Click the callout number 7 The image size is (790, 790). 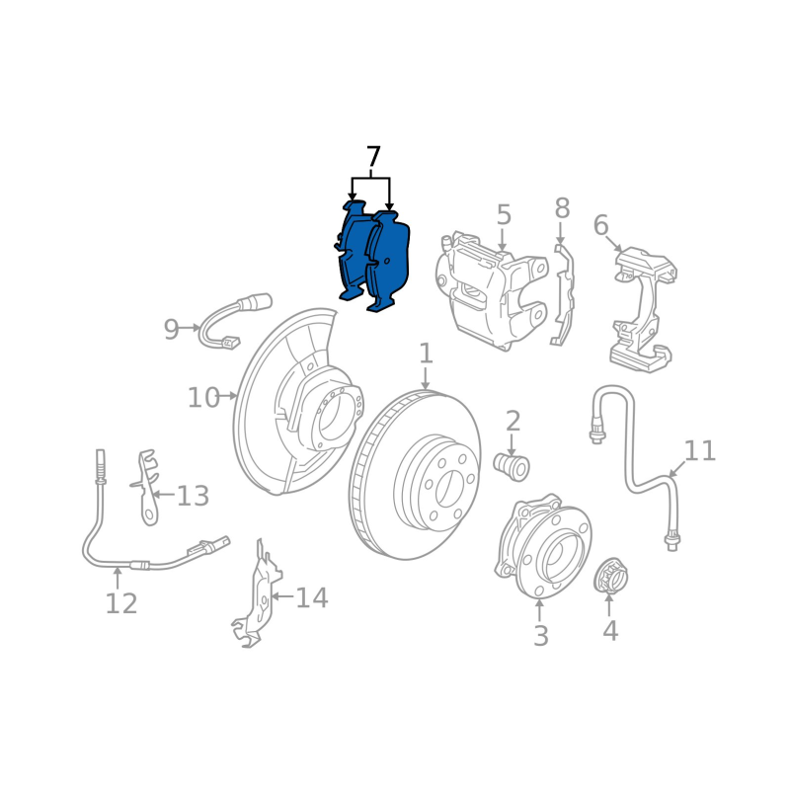tap(373, 157)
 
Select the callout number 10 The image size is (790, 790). tap(203, 398)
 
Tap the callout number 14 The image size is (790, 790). tap(311, 598)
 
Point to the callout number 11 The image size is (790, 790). tap(700, 450)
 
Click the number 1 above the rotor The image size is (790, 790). tap(427, 354)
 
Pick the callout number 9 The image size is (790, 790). tap(171, 330)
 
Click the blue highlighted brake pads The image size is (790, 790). tap(373, 256)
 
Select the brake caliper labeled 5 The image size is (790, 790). tap(491, 290)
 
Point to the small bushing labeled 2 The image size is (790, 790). tap(512, 467)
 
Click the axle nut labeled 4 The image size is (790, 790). tap(610, 577)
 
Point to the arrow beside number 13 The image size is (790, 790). tap(163, 495)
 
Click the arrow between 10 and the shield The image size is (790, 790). tap(229, 396)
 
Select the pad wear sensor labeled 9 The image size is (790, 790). tap(234, 323)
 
